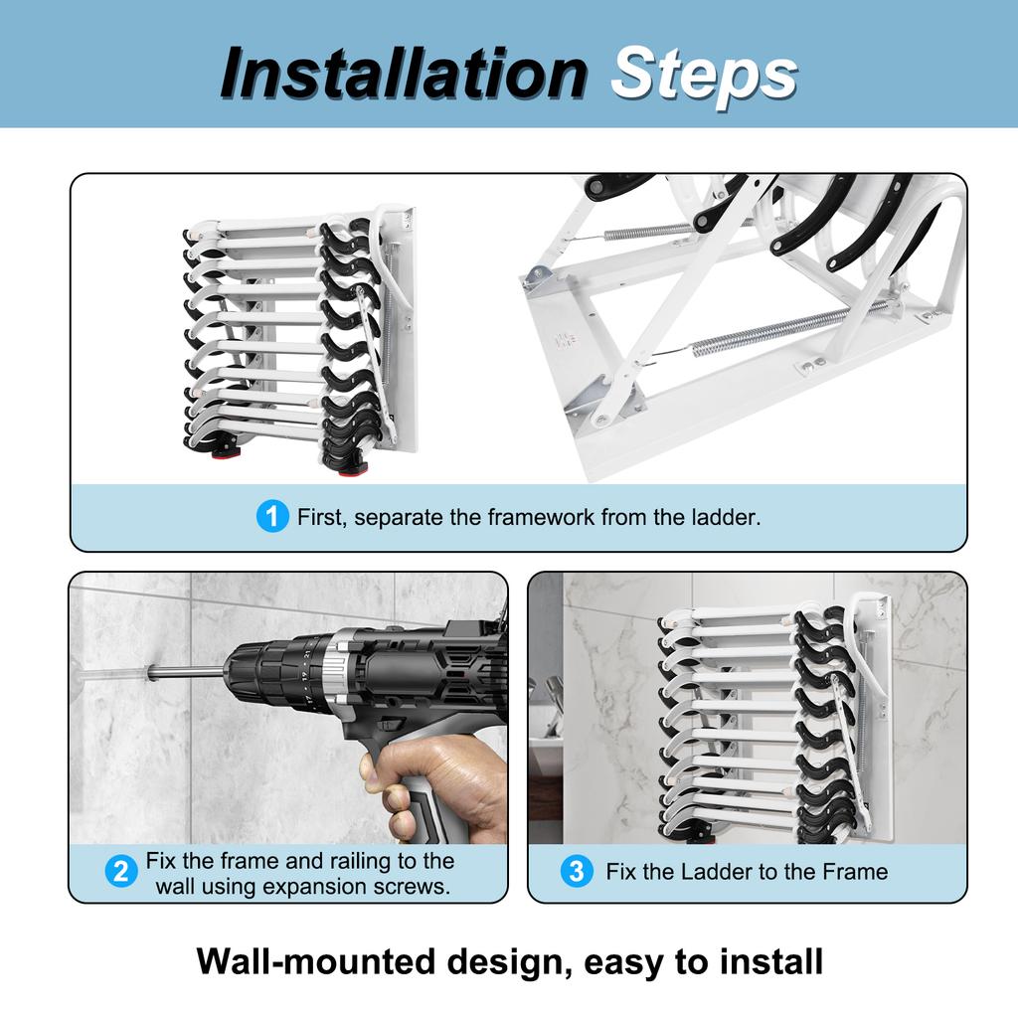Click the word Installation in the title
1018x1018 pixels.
click(403, 74)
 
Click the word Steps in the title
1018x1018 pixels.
click(704, 74)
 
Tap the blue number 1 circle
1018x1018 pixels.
click(271, 517)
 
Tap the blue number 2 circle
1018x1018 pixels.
click(120, 873)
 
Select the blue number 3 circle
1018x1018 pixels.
click(576, 872)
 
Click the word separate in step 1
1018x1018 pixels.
click(396, 518)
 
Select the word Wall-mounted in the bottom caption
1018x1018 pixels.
click(313, 962)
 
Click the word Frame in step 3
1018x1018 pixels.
click(855, 872)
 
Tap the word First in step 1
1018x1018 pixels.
click(321, 518)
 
